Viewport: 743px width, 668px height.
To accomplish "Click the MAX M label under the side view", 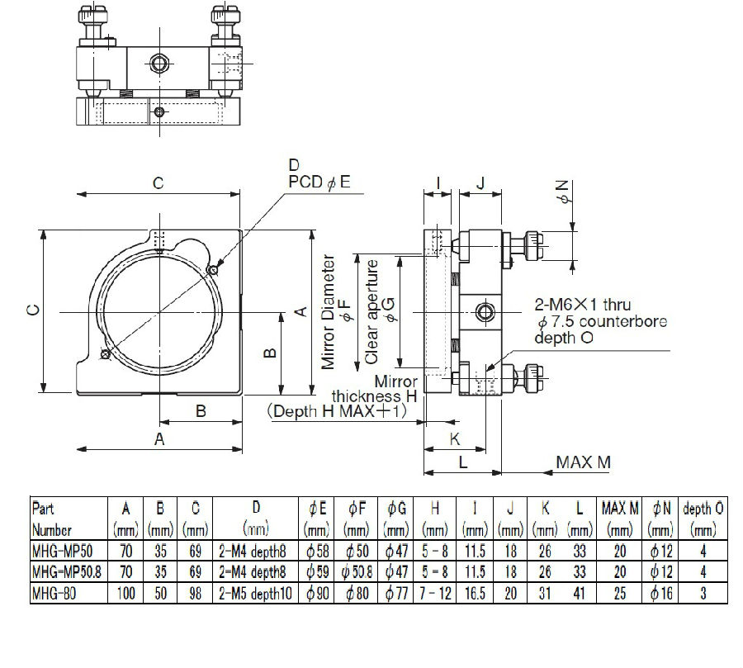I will (583, 462).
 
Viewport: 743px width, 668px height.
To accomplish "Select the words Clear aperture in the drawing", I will (372, 312).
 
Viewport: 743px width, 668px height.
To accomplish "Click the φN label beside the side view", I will (565, 192).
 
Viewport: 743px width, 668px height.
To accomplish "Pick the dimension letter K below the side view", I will (454, 438).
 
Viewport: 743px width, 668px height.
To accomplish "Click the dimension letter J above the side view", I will (480, 182).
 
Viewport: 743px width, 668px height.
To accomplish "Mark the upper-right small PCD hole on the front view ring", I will (213, 270).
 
